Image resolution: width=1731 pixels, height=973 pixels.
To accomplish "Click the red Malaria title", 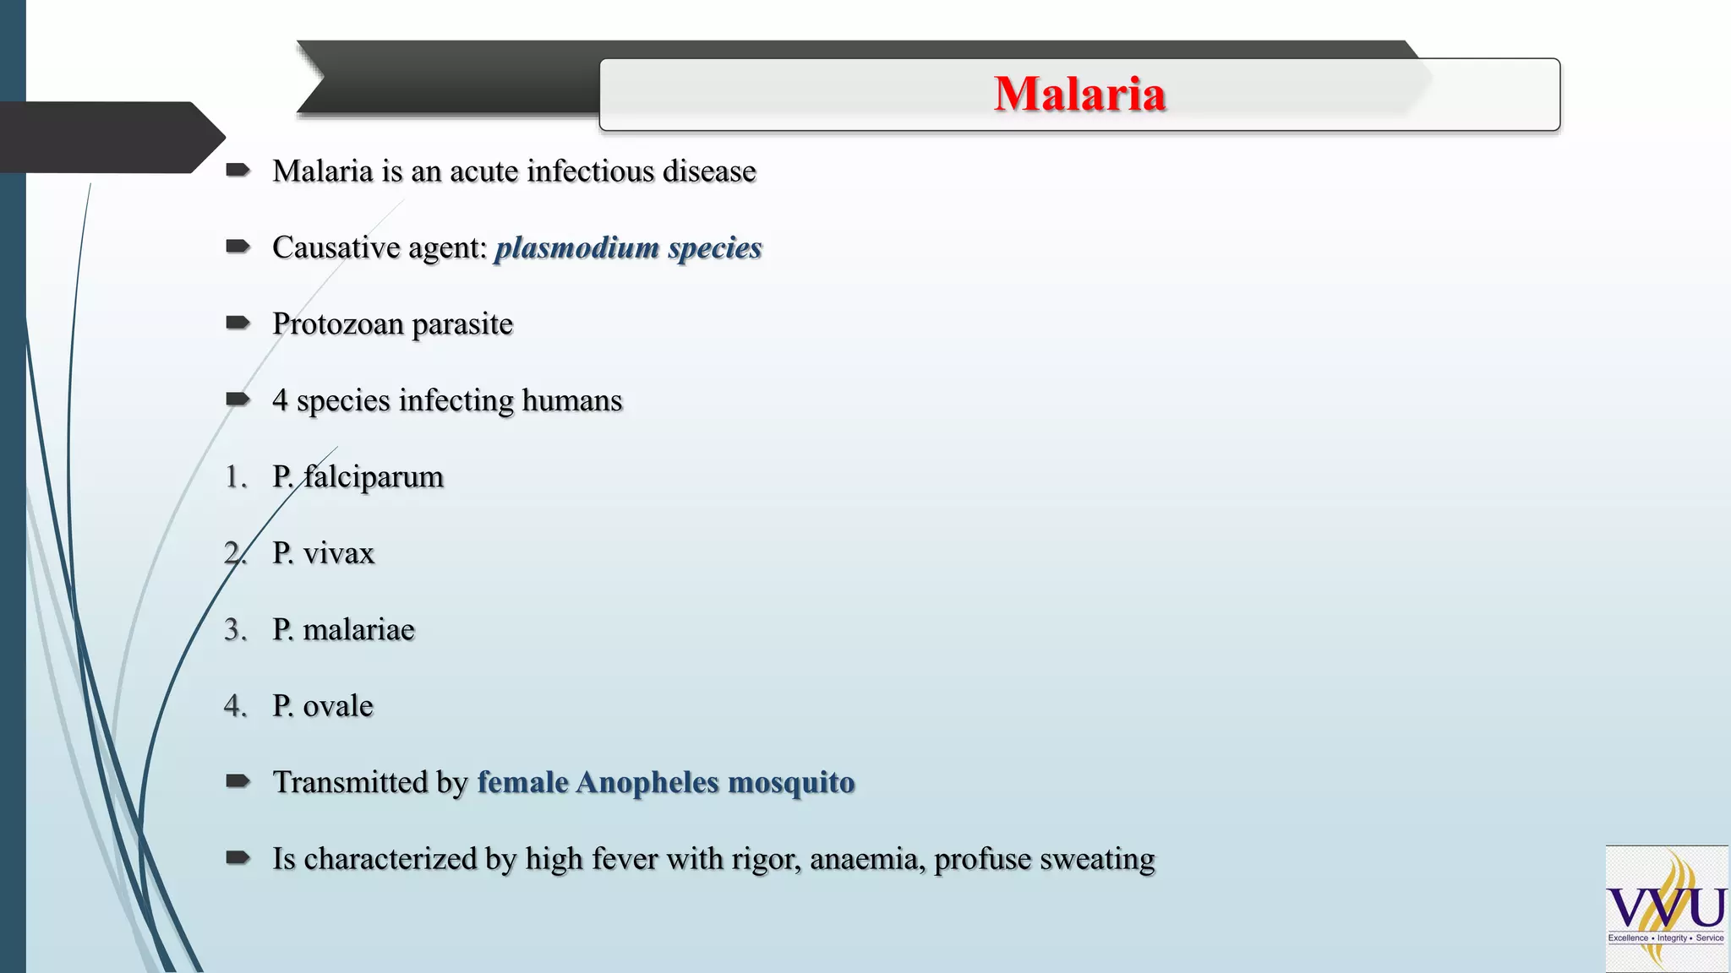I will (x=1079, y=94).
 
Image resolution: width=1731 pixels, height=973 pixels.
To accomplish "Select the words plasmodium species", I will (x=628, y=248).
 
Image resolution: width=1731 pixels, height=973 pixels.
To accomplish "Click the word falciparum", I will (x=373, y=477).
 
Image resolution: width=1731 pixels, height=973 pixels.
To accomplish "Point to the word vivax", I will (x=338, y=554).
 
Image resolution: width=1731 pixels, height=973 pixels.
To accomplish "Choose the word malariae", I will (x=358, y=630).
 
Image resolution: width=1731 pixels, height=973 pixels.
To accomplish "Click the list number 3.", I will (x=234, y=630).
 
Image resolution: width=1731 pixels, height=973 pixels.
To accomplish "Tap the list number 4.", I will (x=234, y=706).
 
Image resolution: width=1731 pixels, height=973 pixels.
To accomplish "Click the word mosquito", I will (x=791, y=783).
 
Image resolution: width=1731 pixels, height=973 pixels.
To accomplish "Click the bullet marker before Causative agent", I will (x=238, y=247).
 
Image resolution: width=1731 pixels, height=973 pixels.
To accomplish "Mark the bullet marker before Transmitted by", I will (x=238, y=781).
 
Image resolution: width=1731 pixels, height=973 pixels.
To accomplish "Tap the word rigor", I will (x=766, y=860).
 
